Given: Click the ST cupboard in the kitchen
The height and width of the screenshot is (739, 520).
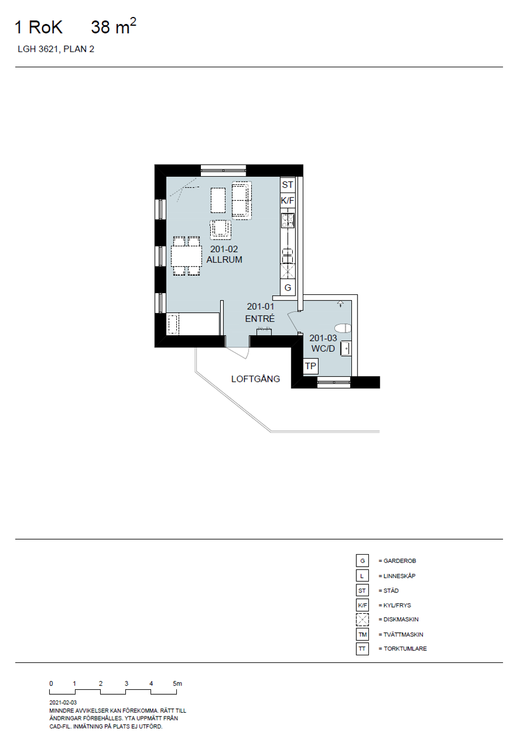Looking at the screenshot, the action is click(287, 185).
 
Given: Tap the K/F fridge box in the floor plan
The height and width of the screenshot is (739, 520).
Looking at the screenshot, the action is click(287, 200).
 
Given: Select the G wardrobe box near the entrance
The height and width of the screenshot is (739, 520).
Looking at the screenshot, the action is click(287, 288).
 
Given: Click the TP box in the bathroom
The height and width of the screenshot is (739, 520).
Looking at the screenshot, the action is click(310, 366).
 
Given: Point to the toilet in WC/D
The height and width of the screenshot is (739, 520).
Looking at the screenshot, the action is click(343, 328).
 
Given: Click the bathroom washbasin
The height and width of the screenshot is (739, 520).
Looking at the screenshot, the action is click(346, 348).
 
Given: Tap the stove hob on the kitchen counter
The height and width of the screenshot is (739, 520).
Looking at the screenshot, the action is click(287, 220).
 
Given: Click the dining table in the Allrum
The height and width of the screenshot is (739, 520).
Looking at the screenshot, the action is click(186, 256).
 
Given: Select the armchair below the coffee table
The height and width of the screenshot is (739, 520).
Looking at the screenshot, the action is click(221, 230).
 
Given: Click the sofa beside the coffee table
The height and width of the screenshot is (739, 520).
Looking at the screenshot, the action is click(242, 200).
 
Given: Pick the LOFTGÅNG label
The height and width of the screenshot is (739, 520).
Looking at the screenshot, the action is click(256, 379).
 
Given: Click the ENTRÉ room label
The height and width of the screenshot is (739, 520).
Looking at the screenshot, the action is click(260, 319).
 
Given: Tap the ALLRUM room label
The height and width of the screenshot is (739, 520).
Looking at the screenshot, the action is click(224, 260).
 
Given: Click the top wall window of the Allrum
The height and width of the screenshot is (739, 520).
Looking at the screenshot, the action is click(223, 170).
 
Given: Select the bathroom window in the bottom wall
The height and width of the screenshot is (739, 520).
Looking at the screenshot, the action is click(334, 382).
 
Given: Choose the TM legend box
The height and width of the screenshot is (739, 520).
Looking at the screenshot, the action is click(362, 634).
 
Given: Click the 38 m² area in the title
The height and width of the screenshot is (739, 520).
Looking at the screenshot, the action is click(113, 26).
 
